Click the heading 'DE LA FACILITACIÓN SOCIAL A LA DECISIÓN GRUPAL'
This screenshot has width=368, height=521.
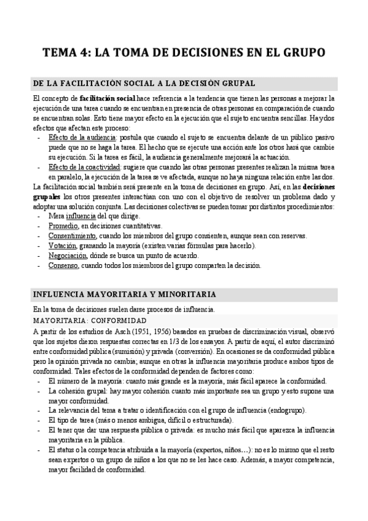145,83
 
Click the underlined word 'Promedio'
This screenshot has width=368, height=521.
63,226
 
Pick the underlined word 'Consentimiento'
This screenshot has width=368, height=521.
72,236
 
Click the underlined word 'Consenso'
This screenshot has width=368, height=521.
63,265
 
